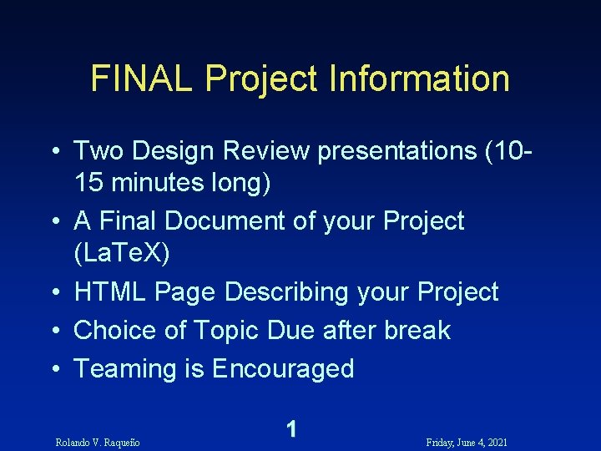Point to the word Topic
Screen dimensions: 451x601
pos(226,330)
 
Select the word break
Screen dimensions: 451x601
pos(417,330)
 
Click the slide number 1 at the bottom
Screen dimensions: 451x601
pos(290,429)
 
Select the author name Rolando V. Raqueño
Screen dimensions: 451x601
pos(97,441)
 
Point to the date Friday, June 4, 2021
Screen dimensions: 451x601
pos(467,441)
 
